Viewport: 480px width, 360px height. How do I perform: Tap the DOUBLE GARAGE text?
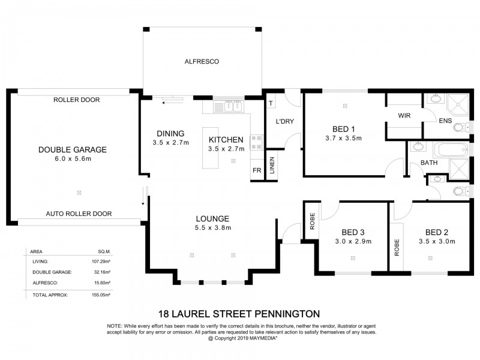72,149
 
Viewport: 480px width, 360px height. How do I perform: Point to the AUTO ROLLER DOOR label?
78,214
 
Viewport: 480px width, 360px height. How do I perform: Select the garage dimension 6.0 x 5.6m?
72,159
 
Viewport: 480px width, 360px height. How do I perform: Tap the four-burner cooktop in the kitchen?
256,142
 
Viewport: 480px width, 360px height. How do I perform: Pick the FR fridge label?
256,170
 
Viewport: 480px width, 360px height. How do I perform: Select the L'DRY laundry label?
284,122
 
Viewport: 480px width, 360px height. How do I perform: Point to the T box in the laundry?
271,104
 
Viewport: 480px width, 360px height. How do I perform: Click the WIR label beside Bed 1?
403,115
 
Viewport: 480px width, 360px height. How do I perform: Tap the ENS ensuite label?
445,122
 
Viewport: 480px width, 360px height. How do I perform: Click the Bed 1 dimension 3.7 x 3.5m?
344,138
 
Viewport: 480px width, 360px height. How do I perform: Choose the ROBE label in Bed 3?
312,222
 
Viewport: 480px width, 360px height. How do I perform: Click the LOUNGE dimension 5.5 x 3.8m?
212,228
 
